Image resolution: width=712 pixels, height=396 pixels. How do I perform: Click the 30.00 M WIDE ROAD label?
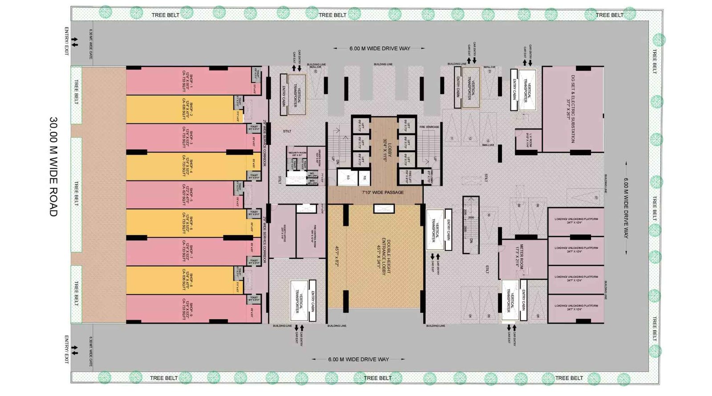click(x=53, y=167)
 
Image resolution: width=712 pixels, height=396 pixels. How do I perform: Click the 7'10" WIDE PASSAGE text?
click(x=383, y=192)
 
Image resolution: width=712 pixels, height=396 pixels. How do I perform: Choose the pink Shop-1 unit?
click(x=187, y=81)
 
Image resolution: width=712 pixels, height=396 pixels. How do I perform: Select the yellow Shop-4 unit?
click(x=187, y=166)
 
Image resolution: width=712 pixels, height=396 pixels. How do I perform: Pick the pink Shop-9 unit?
click(x=187, y=309)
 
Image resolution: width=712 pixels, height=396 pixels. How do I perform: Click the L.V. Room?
click(x=528, y=140)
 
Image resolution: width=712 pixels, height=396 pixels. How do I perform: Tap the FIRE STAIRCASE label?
click(x=429, y=127)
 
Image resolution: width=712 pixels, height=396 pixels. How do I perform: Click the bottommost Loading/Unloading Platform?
click(x=576, y=308)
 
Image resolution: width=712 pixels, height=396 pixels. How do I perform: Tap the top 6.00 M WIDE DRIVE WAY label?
click(x=380, y=49)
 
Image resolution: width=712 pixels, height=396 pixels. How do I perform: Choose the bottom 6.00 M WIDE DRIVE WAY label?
click(x=358, y=359)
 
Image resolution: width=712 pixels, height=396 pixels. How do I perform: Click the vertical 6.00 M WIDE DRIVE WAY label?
click(x=626, y=208)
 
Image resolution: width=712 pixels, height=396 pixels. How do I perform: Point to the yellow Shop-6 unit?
click(x=187, y=223)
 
